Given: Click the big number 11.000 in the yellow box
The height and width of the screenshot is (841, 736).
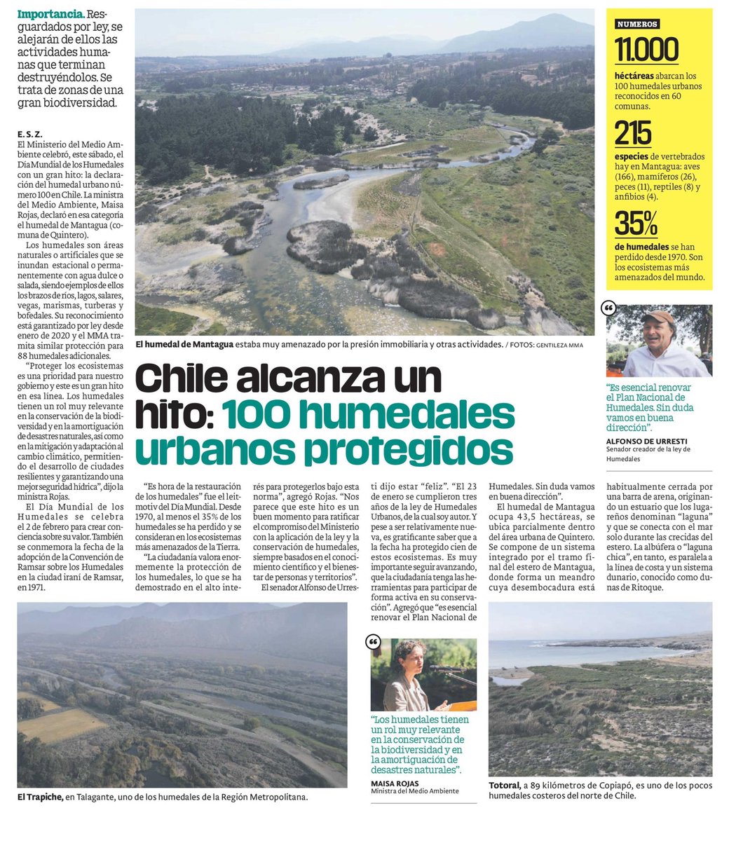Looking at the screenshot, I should pyautogui.click(x=646, y=50).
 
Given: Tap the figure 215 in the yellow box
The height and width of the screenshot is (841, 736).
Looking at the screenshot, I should pyautogui.click(x=633, y=133).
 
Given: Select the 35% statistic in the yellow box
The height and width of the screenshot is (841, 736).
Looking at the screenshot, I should pyautogui.click(x=636, y=224).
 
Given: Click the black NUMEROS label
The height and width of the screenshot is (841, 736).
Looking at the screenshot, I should pyautogui.click(x=636, y=24).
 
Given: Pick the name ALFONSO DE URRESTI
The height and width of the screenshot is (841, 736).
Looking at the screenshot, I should pyautogui.click(x=646, y=441).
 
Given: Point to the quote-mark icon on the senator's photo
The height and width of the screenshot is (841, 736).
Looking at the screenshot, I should pyautogui.click(x=609, y=308).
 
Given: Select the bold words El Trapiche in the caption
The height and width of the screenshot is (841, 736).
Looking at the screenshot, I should pyautogui.click(x=40, y=797).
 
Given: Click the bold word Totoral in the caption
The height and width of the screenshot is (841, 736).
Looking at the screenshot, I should pyautogui.click(x=505, y=786).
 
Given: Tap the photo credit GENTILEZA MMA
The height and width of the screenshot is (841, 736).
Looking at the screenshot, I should pyautogui.click(x=559, y=345).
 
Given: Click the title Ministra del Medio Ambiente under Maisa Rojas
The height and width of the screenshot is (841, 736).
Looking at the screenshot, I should pyautogui.click(x=414, y=791).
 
